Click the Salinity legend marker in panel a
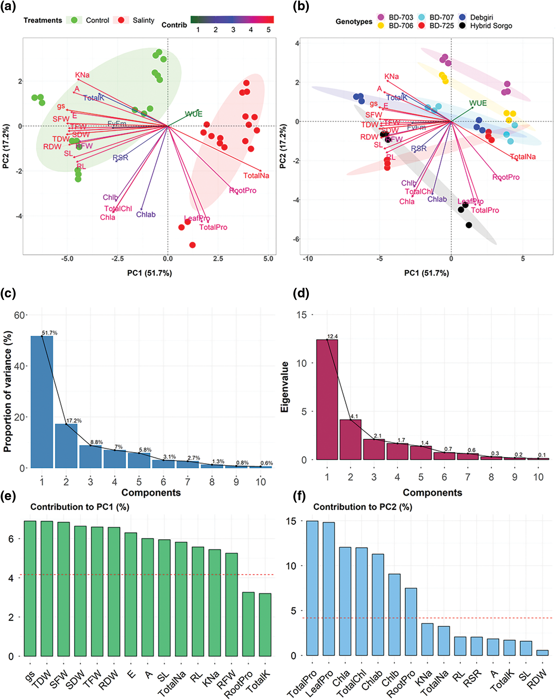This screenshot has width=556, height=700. (121, 20)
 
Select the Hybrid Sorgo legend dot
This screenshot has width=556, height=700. (463, 26)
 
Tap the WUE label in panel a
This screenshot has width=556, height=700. (194, 114)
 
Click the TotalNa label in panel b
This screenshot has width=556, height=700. (523, 157)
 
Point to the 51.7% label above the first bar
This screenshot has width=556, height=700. (49, 333)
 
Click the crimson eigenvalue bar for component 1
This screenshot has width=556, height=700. (327, 399)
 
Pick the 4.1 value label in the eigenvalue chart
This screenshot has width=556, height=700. (354, 416)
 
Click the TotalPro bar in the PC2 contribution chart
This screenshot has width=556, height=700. (312, 588)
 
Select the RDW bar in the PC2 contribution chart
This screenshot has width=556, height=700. (542, 653)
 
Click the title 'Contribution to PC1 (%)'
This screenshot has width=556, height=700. (80, 507)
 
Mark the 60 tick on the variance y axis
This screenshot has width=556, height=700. (19, 315)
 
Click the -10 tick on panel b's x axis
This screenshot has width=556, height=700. (308, 259)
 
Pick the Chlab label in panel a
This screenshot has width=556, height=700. (146, 215)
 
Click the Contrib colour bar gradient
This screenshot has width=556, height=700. (232, 19)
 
